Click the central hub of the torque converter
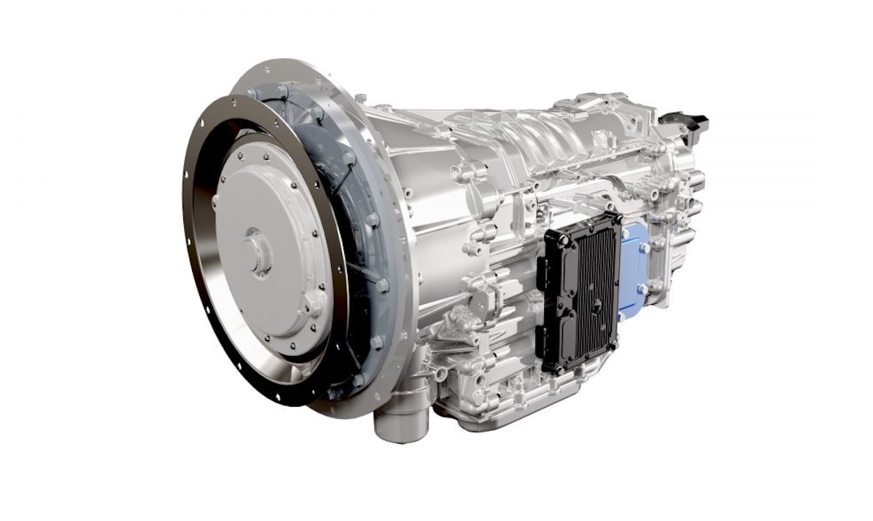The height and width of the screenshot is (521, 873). [255, 251]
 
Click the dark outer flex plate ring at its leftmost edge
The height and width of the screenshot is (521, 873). [188, 240]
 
